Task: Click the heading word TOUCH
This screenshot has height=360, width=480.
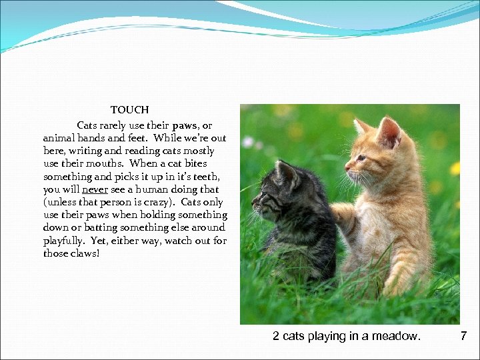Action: coord(129,109)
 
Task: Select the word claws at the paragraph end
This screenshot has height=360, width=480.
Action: coord(82,253)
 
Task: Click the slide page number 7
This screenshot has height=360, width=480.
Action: coord(463,336)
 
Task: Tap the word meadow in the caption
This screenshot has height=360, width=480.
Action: coord(399,336)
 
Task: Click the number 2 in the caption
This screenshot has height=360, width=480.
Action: coord(276,336)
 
